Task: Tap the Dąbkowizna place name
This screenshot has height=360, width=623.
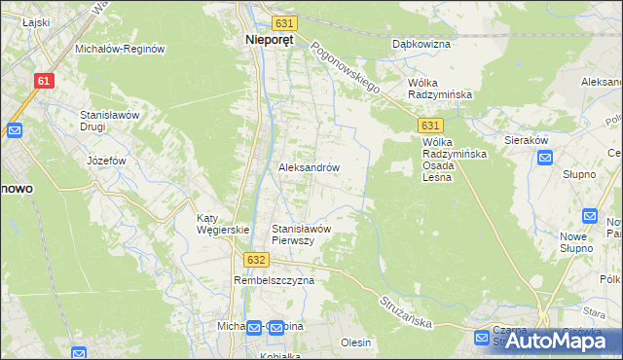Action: [421, 44]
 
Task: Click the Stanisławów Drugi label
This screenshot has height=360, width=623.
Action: [111, 121]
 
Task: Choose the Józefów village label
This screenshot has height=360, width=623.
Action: [107, 160]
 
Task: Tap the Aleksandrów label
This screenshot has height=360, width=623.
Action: [310, 167]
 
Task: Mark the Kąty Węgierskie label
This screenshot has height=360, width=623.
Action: [224, 224]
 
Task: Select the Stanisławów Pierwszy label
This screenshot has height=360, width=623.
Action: [303, 234]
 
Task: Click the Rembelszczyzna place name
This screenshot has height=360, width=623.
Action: [275, 280]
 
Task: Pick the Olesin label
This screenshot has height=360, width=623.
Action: [356, 342]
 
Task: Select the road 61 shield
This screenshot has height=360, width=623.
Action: [43, 82]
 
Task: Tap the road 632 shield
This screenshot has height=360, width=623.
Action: [256, 260]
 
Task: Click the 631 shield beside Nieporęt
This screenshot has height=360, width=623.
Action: [283, 22]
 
